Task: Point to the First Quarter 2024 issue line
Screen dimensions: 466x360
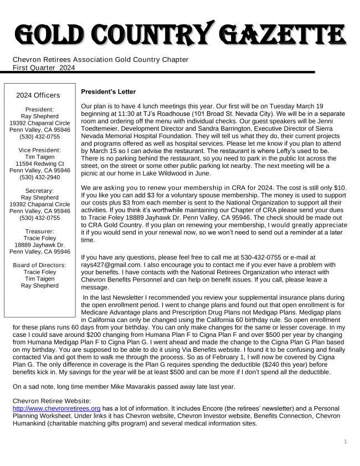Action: click(x=44, y=68)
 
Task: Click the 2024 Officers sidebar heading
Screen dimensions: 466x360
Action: click(x=39, y=95)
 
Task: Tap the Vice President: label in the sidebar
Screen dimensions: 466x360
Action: click(x=39, y=150)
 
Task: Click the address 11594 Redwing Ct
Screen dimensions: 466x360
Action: click(x=39, y=163)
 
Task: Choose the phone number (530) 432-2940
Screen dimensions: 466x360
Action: click(x=39, y=178)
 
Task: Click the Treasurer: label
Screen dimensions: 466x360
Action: click(x=39, y=231)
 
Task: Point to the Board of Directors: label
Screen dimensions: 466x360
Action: click(x=39, y=265)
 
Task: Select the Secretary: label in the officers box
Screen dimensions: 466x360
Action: click(x=39, y=191)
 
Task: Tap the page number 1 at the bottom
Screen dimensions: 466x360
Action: click(x=345, y=442)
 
